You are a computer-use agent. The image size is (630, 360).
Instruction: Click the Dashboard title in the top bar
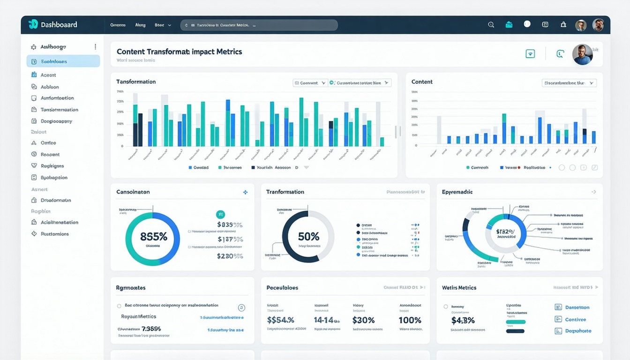click(59, 25)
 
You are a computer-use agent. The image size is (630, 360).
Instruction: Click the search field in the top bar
click(259, 25)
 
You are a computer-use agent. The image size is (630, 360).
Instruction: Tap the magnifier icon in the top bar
click(491, 25)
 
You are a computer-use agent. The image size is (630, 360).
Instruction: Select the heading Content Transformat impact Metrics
click(179, 52)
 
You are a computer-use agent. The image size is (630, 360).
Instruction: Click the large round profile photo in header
click(582, 54)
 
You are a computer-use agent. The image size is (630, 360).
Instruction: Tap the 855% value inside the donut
click(153, 237)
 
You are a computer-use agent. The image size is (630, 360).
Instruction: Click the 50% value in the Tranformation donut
click(308, 236)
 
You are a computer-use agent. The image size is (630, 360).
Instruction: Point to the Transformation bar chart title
click(136, 82)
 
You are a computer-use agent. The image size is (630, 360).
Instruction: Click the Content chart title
click(422, 82)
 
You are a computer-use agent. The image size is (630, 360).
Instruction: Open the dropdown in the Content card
click(569, 83)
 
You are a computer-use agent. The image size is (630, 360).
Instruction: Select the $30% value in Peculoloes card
click(363, 320)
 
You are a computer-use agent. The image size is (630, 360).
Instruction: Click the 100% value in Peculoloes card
click(410, 320)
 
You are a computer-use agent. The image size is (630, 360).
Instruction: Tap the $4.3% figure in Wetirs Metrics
click(463, 321)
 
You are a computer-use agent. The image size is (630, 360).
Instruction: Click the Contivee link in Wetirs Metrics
click(575, 319)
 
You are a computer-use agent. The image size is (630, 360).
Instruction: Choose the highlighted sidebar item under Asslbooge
click(63, 61)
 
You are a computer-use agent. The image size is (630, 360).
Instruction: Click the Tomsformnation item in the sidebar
click(59, 110)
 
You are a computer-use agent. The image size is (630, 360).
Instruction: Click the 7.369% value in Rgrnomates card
click(151, 329)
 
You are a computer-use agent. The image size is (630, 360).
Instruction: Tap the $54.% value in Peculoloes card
click(280, 320)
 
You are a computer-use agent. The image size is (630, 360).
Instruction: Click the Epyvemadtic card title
click(457, 192)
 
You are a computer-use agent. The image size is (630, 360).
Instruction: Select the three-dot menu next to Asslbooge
click(95, 47)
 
